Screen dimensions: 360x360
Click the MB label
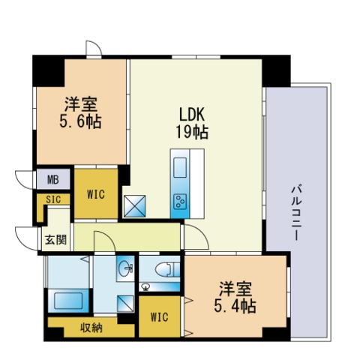(x=52, y=180)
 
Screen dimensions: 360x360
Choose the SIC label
(x=52, y=199)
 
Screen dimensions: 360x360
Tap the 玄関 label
(x=54, y=240)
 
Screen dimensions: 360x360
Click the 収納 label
(x=91, y=327)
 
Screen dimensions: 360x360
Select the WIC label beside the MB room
(x=95, y=193)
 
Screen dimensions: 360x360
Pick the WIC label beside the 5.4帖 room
(x=159, y=316)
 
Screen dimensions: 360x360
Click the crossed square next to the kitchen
(x=136, y=205)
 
